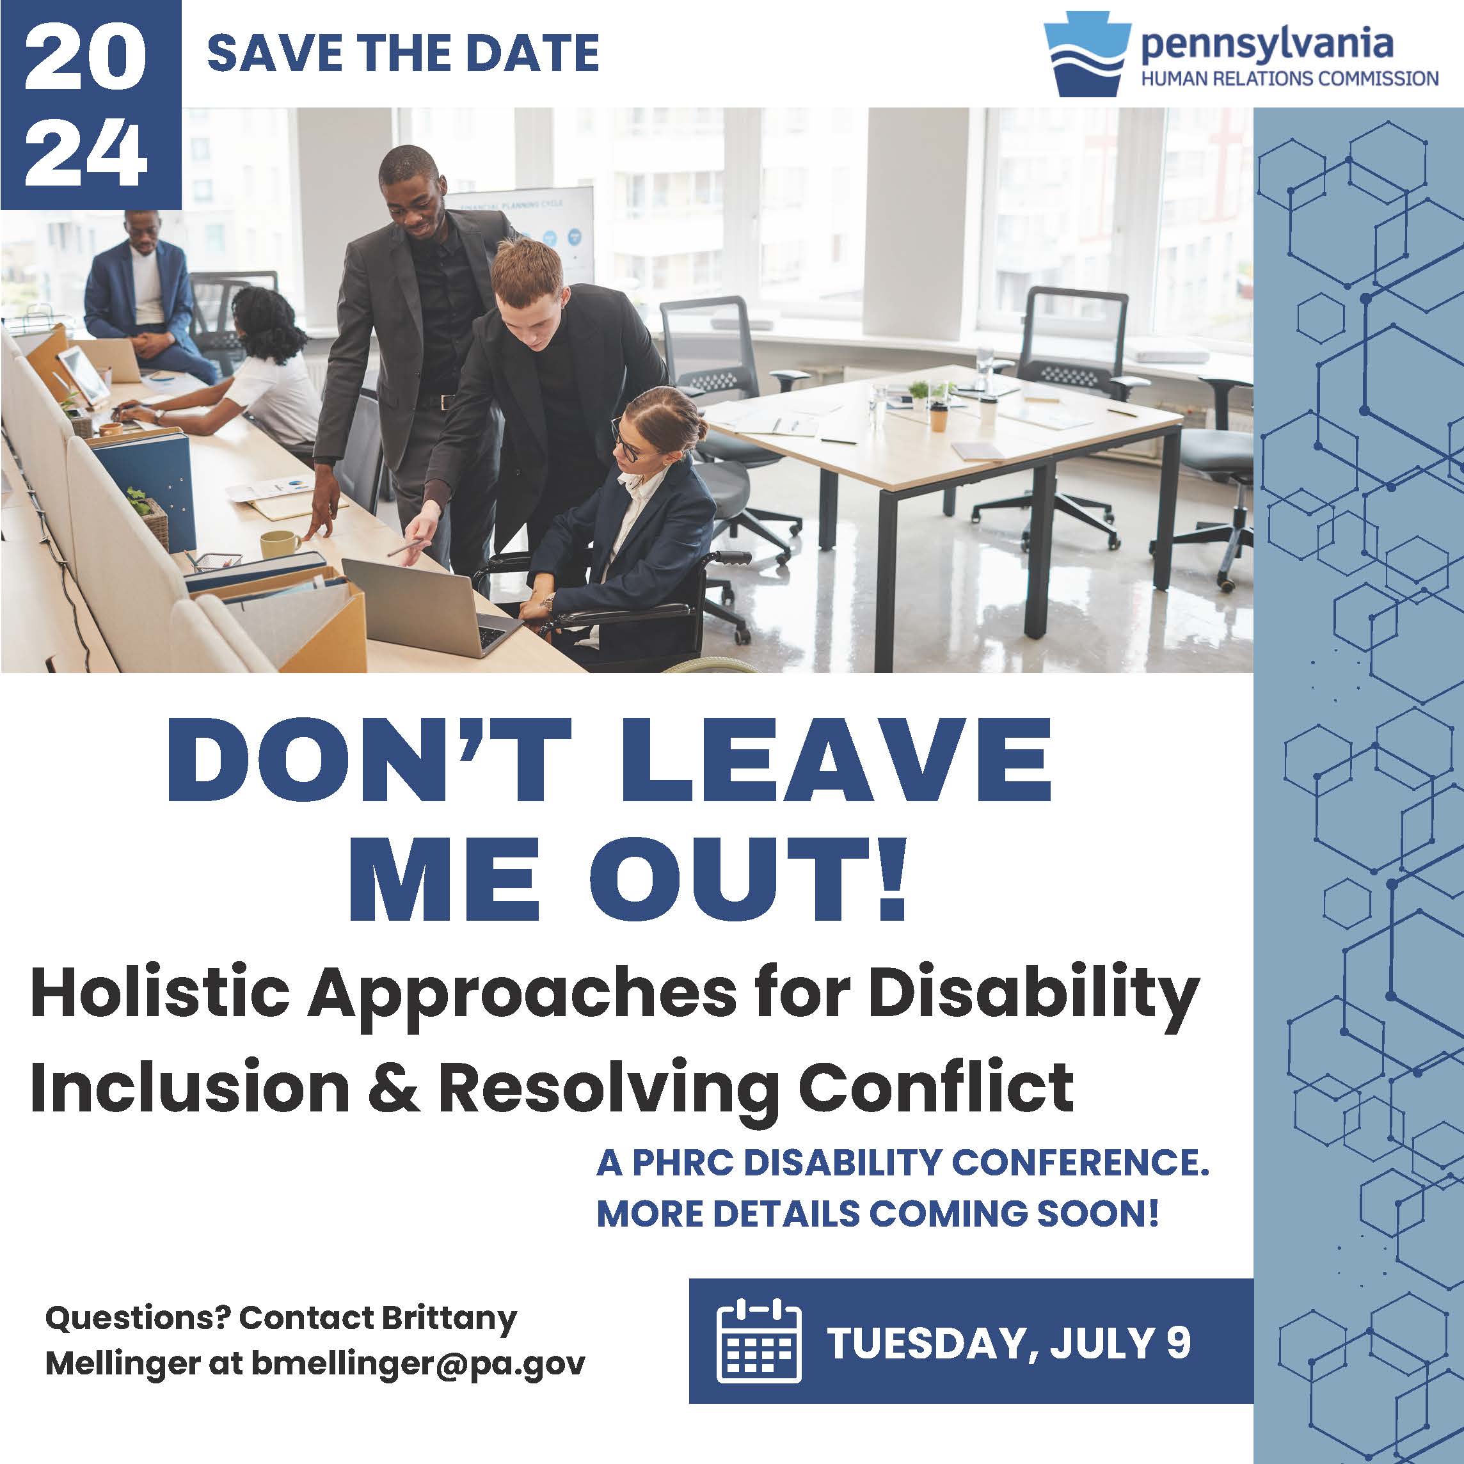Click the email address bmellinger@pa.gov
418,1364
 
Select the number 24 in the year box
86,155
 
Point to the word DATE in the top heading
532,52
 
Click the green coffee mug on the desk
280,544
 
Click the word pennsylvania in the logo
1267,45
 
